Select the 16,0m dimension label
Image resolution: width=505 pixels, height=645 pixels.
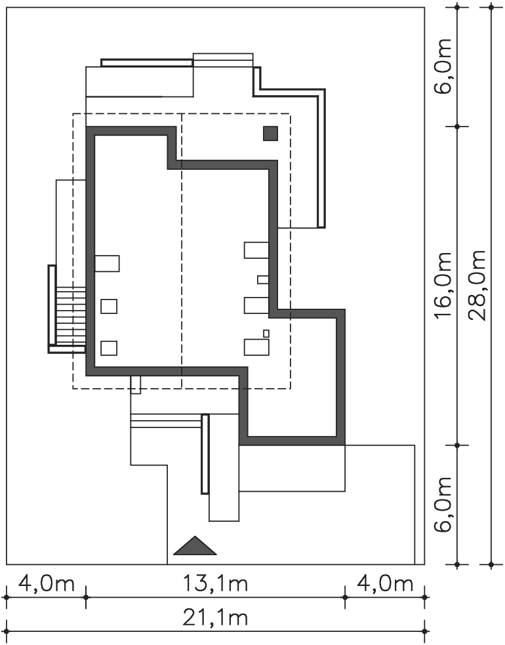point(443,285)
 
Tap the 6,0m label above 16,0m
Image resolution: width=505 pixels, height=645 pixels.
point(443,66)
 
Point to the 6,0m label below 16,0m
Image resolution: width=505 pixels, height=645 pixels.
point(443,504)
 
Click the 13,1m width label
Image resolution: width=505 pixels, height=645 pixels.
point(215,583)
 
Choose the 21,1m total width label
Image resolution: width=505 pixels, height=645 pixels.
point(215,618)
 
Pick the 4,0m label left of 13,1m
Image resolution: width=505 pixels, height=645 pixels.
point(47,583)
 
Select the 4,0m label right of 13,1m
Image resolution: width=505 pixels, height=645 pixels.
point(385,583)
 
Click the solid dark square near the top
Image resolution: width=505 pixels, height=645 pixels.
point(270,133)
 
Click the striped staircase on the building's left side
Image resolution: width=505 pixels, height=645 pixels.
point(71,316)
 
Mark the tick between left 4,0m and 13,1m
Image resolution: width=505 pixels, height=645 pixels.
point(86,596)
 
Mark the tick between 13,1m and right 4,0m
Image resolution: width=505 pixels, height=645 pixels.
point(345,596)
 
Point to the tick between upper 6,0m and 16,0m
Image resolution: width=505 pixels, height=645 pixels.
point(457,127)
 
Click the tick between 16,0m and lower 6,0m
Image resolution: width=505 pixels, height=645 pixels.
point(457,445)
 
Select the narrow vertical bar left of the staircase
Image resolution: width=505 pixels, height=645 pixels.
point(52,305)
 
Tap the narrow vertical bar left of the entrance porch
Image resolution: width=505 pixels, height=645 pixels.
point(205,454)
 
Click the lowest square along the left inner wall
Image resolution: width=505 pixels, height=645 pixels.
point(109,348)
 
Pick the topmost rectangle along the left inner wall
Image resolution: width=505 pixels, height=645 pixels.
point(107,264)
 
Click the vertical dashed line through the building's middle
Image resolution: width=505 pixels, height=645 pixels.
point(182,250)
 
